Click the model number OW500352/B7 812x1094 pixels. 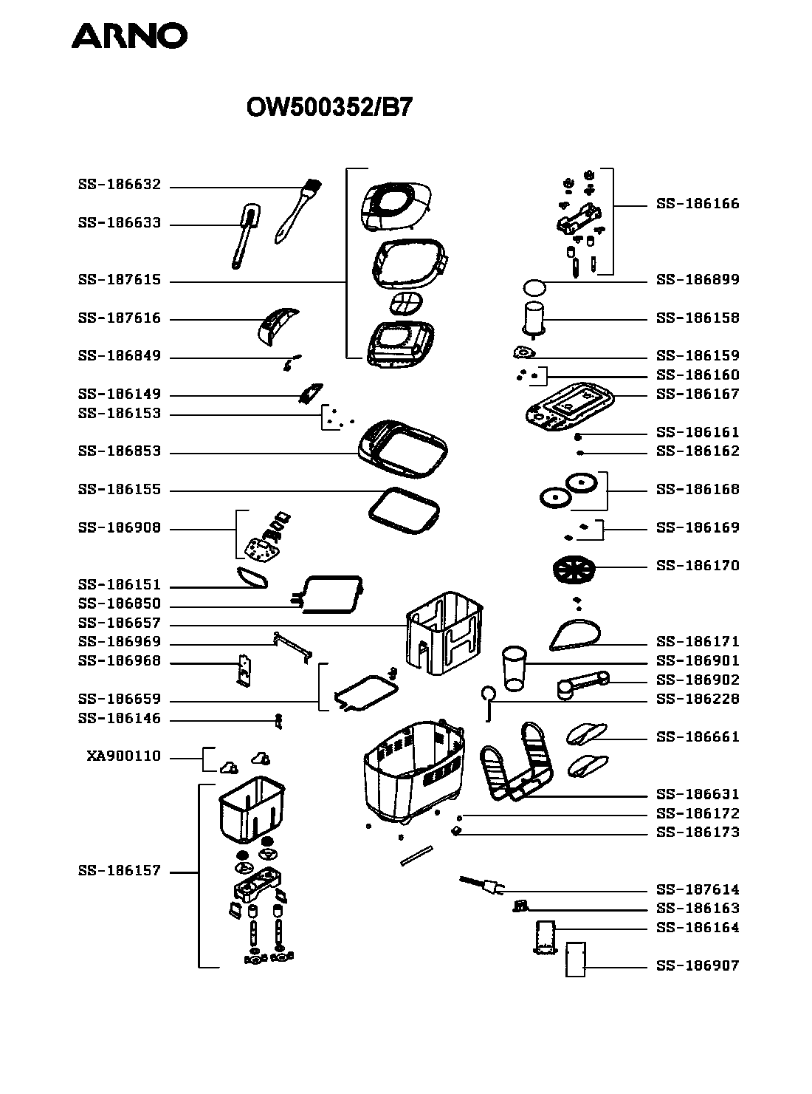[328, 108]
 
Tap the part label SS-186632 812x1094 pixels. [119, 185]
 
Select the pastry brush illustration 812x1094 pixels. [297, 210]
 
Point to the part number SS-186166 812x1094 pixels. [698, 204]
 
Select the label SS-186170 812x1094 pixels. [698, 566]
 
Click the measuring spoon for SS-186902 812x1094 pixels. [582, 683]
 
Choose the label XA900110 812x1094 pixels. [123, 756]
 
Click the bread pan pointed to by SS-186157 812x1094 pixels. [251, 808]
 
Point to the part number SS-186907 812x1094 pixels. [698, 965]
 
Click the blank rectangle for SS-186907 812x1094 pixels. [575, 960]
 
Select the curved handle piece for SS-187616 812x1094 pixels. [278, 325]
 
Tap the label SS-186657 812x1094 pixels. [119, 623]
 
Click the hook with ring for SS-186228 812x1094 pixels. [488, 699]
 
